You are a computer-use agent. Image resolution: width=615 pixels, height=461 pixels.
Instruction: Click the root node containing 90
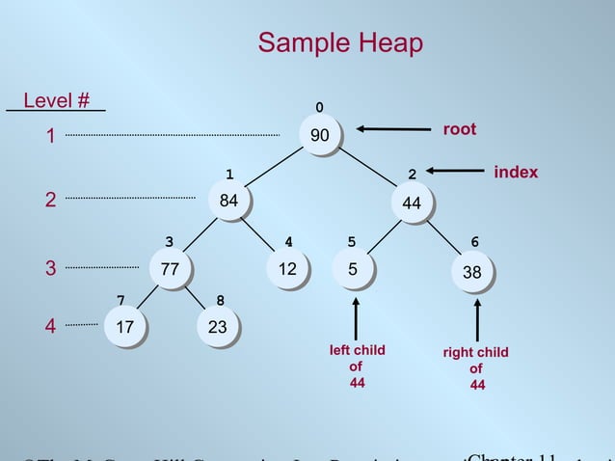point(319,136)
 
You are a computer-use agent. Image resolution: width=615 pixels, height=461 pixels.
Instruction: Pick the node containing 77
point(170,269)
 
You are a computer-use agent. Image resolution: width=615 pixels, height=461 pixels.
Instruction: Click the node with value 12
point(286,269)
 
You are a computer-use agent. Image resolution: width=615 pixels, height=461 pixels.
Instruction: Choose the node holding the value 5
point(353,269)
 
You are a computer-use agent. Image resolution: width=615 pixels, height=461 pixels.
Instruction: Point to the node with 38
point(471,273)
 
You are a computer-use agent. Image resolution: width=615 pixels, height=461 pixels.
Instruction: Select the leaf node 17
point(124,328)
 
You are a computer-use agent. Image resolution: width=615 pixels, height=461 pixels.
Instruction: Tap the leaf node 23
point(218,328)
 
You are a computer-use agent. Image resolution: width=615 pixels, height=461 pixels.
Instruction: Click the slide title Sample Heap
point(340,43)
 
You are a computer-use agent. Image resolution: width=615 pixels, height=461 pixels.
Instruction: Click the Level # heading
point(57,100)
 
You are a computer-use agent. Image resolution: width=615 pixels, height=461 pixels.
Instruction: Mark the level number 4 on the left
point(50,326)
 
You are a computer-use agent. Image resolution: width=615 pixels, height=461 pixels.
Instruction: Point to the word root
point(459,129)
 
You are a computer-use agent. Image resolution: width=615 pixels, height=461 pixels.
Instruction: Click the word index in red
point(516,172)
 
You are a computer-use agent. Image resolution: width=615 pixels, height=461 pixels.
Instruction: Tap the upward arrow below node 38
point(476,319)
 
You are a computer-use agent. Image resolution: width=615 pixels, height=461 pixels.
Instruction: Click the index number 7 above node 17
point(120,302)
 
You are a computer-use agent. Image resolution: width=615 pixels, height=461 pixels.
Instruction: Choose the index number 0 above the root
point(319,107)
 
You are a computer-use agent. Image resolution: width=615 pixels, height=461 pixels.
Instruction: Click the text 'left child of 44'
point(357,366)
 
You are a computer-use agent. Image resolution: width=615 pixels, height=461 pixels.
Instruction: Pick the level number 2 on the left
point(50,200)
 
